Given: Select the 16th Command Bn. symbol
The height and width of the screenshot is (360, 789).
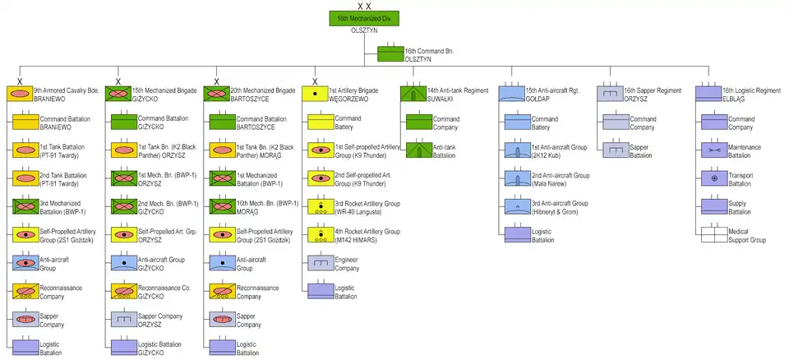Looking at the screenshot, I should pos(390,55).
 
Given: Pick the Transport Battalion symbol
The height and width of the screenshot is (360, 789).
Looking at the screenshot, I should pos(713,178).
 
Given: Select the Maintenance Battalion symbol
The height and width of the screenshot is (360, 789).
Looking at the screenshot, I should pos(713,150).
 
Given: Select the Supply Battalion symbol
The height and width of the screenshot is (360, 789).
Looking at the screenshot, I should pos(713,206).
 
